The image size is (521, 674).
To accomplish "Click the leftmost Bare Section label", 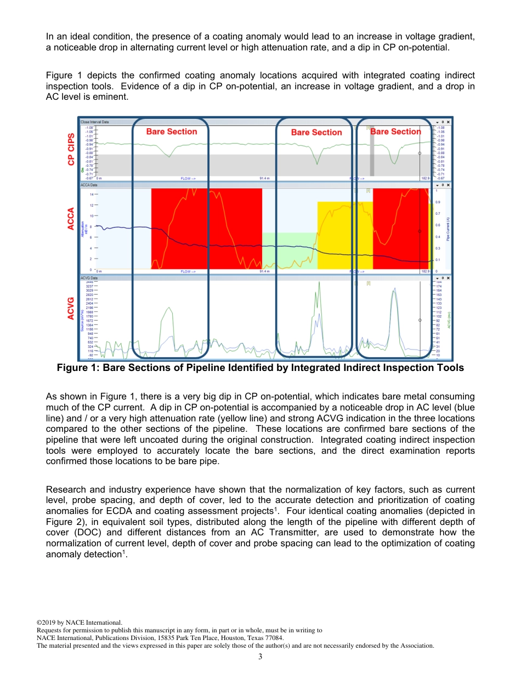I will (171, 132).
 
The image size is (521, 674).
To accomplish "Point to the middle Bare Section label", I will (316, 132).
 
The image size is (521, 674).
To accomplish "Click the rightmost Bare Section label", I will (395, 132).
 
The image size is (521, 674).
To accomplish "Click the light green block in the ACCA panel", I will (289, 250).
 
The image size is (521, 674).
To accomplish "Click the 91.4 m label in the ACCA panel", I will (265, 271).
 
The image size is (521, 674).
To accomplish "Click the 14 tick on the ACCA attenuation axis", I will (90, 194).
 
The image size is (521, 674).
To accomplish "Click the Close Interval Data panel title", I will (94, 122).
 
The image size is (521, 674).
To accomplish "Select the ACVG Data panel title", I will (89, 278).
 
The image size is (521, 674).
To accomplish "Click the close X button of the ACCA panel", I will (448, 185).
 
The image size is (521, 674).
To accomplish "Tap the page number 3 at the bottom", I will (260, 656).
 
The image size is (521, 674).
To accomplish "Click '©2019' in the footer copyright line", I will (46, 622).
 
